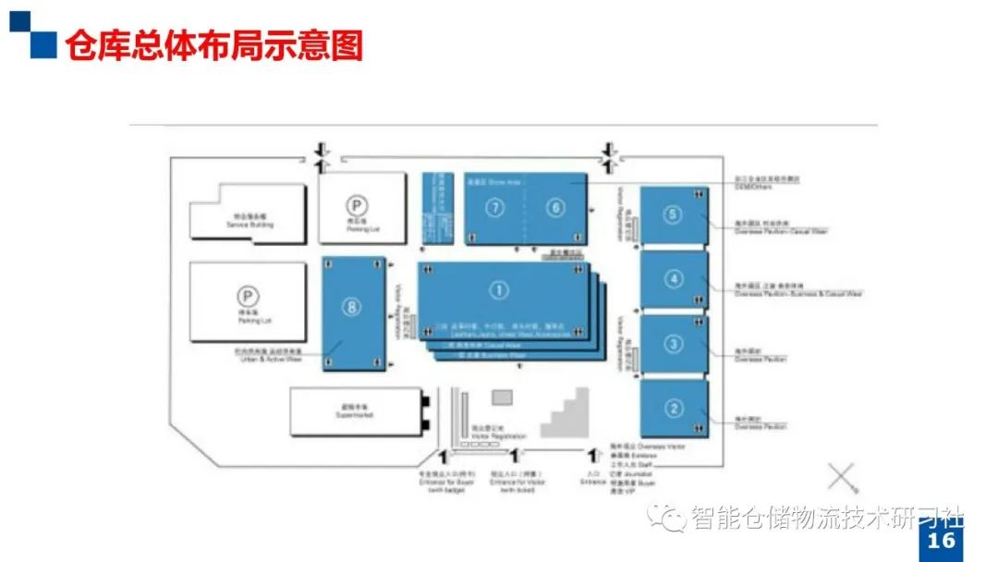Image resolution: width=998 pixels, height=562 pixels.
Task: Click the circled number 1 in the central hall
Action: click(x=499, y=291)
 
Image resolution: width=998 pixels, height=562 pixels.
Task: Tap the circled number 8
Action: click(x=351, y=308)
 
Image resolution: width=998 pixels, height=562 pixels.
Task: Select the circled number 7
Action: click(x=496, y=208)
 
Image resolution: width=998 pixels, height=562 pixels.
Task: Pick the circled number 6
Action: click(x=554, y=208)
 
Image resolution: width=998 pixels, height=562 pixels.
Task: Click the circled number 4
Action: click(x=675, y=278)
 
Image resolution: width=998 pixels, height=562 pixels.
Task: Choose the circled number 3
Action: click(x=674, y=344)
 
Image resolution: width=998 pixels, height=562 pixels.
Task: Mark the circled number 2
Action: click(x=674, y=408)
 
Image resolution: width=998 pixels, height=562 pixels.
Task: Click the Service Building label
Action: click(x=249, y=223)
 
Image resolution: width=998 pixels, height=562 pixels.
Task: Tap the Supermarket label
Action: click(x=353, y=412)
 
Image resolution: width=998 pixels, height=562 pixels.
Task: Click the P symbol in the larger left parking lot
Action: click(x=247, y=296)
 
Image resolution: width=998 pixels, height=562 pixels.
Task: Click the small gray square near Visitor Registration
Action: click(x=502, y=397)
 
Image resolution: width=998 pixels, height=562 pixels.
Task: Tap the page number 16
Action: click(x=942, y=541)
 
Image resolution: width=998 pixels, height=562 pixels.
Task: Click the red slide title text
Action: click(x=213, y=44)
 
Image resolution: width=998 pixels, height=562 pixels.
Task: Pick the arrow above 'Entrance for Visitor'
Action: click(x=514, y=456)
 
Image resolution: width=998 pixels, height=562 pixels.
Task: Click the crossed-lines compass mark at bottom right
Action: click(x=843, y=477)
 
